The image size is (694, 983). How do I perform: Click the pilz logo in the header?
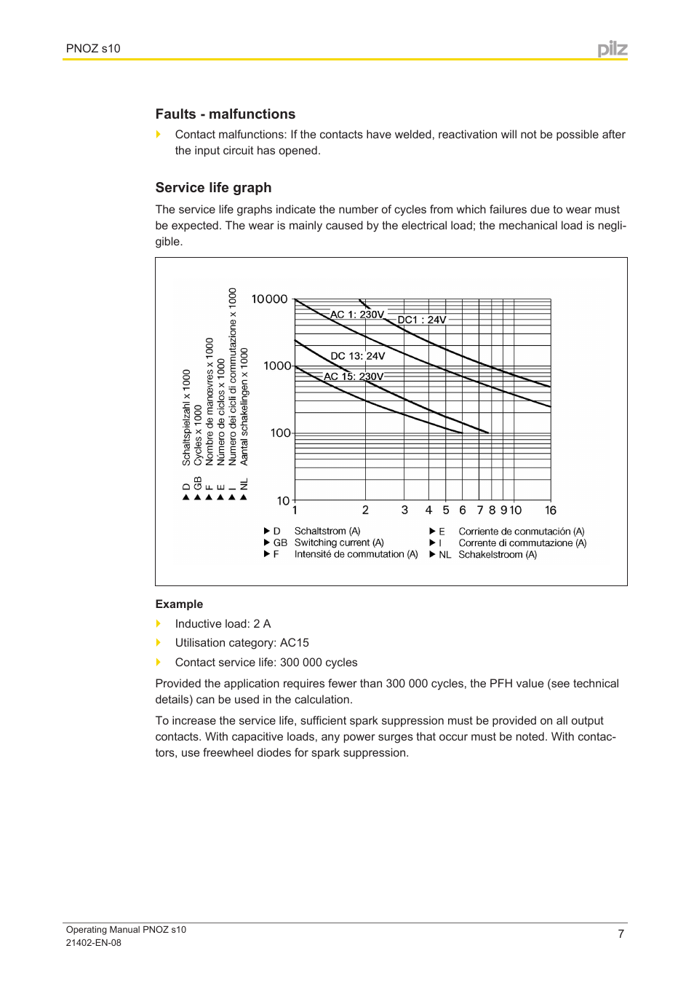(612, 49)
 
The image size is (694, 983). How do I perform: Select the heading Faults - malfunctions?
(225, 114)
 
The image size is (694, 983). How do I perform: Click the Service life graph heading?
(213, 188)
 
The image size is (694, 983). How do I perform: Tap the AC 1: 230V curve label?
(356, 315)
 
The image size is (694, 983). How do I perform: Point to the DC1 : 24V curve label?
(422, 320)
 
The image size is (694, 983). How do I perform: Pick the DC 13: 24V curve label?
(357, 356)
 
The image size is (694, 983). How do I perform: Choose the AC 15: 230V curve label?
(353, 376)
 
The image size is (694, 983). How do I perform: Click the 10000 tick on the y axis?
(269, 299)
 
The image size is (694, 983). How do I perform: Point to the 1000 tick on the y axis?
(277, 366)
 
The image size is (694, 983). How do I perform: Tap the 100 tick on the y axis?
(281, 433)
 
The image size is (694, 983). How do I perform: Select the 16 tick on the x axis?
(551, 510)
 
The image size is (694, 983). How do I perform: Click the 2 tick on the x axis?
(365, 510)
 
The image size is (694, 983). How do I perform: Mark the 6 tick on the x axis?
(463, 510)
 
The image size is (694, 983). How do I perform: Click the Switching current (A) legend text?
(339, 542)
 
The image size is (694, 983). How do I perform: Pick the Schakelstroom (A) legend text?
(498, 555)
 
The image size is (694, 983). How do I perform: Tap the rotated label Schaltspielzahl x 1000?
(186, 417)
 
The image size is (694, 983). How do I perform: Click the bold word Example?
(179, 604)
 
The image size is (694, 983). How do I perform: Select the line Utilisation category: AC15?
(242, 643)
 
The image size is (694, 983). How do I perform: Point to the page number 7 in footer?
(621, 933)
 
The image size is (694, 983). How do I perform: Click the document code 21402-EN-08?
(93, 943)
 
